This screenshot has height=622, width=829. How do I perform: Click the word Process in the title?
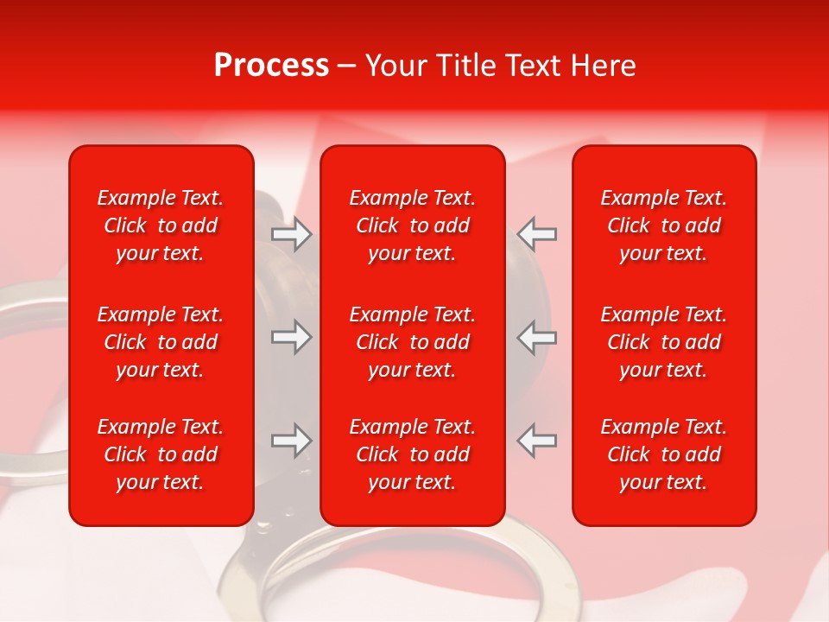(x=271, y=66)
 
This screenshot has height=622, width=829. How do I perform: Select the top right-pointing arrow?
(x=291, y=234)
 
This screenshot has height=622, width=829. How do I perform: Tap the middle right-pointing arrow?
(x=291, y=337)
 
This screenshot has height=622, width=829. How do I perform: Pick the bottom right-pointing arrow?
(x=291, y=441)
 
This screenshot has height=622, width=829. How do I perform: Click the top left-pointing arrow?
(x=536, y=234)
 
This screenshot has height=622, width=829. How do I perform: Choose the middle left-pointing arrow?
(x=536, y=337)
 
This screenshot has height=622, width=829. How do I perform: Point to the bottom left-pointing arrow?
(x=536, y=441)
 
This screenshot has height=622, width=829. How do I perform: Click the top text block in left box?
(x=161, y=225)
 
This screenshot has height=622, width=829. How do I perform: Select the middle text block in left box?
(x=161, y=342)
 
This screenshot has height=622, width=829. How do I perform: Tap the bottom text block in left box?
(x=161, y=454)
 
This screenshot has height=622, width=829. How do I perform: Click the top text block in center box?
(x=412, y=225)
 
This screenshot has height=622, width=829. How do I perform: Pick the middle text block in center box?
(x=412, y=342)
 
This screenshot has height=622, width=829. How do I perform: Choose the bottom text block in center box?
(x=412, y=454)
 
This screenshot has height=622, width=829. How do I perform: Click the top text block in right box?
(x=663, y=225)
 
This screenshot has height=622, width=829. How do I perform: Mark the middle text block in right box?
(x=663, y=342)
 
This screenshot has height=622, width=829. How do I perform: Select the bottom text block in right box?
(x=663, y=454)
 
